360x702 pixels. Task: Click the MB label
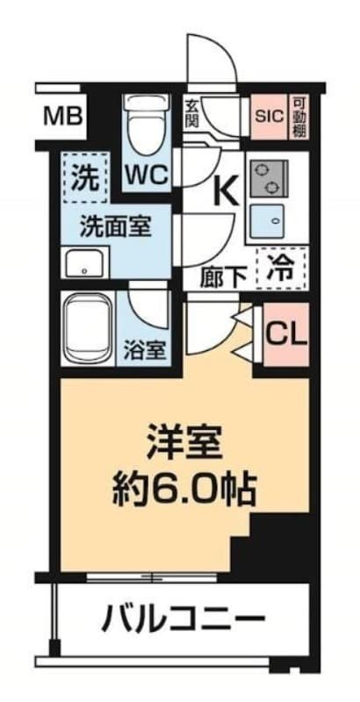coord(62,117)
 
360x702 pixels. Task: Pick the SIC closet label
coord(270,117)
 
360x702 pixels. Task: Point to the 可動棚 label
coord(299,117)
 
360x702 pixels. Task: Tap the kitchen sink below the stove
coord(266,220)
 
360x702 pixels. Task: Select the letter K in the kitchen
coord(227,191)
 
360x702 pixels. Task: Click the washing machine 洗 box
coord(85,177)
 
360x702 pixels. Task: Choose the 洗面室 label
coord(116,227)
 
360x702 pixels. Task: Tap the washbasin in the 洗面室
coord(85,262)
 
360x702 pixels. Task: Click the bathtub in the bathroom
coord(88,329)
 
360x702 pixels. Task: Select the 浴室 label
coord(144,350)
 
